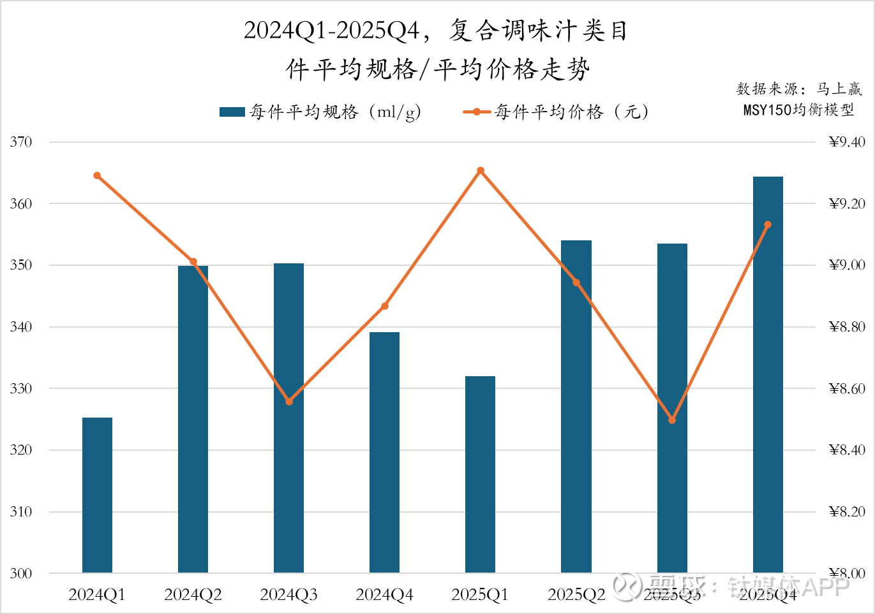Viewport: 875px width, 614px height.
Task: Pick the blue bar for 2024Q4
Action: click(x=384, y=452)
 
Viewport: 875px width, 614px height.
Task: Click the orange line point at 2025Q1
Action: click(x=481, y=171)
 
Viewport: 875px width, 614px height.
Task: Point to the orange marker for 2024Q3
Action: click(x=289, y=402)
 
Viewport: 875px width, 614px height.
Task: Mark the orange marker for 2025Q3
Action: click(x=672, y=420)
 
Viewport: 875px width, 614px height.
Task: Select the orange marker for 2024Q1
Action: click(x=97, y=175)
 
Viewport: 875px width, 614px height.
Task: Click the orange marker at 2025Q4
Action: click(x=768, y=224)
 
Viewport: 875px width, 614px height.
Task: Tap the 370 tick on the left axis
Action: click(x=21, y=142)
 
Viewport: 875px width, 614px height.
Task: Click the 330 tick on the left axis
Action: click(x=21, y=388)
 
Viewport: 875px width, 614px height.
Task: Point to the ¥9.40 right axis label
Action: click(x=847, y=142)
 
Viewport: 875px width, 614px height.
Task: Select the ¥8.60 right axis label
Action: click(x=847, y=388)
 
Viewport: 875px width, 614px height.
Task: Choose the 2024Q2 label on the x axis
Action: click(x=193, y=595)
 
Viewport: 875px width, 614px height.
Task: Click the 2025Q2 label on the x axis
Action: click(x=576, y=595)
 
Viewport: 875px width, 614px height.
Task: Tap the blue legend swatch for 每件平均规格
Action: click(x=232, y=112)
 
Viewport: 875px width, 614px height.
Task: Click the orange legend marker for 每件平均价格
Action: click(x=477, y=112)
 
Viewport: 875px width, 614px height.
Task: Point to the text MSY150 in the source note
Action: click(x=767, y=110)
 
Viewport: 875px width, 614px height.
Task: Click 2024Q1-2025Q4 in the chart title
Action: click(x=331, y=30)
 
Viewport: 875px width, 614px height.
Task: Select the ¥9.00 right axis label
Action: click(x=847, y=265)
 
